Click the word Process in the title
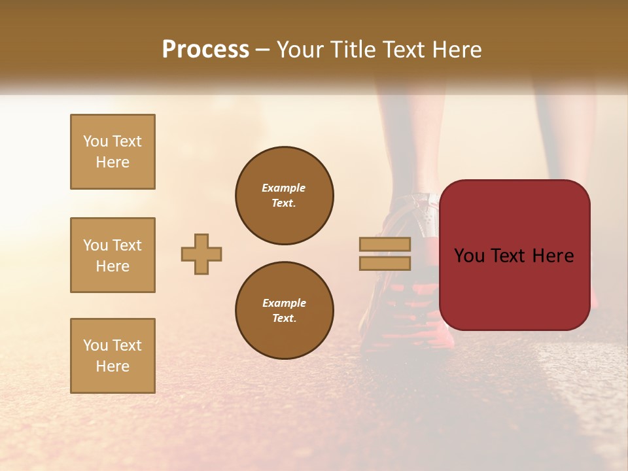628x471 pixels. click(205, 50)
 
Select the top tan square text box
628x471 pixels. click(113, 152)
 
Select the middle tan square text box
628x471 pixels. click(113, 255)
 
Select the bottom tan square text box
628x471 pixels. click(113, 356)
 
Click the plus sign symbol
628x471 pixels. click(201, 254)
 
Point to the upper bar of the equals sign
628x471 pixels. click(385, 244)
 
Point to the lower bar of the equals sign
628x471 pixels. click(385, 263)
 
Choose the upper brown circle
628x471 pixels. click(285, 195)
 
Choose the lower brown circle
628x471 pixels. click(285, 310)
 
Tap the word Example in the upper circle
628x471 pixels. click(284, 188)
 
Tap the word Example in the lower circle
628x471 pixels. click(284, 303)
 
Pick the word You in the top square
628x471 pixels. click(96, 141)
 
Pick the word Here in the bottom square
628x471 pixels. click(113, 366)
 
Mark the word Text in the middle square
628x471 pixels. click(127, 245)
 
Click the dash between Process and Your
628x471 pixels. click(263, 50)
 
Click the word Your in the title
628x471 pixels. click(302, 50)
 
